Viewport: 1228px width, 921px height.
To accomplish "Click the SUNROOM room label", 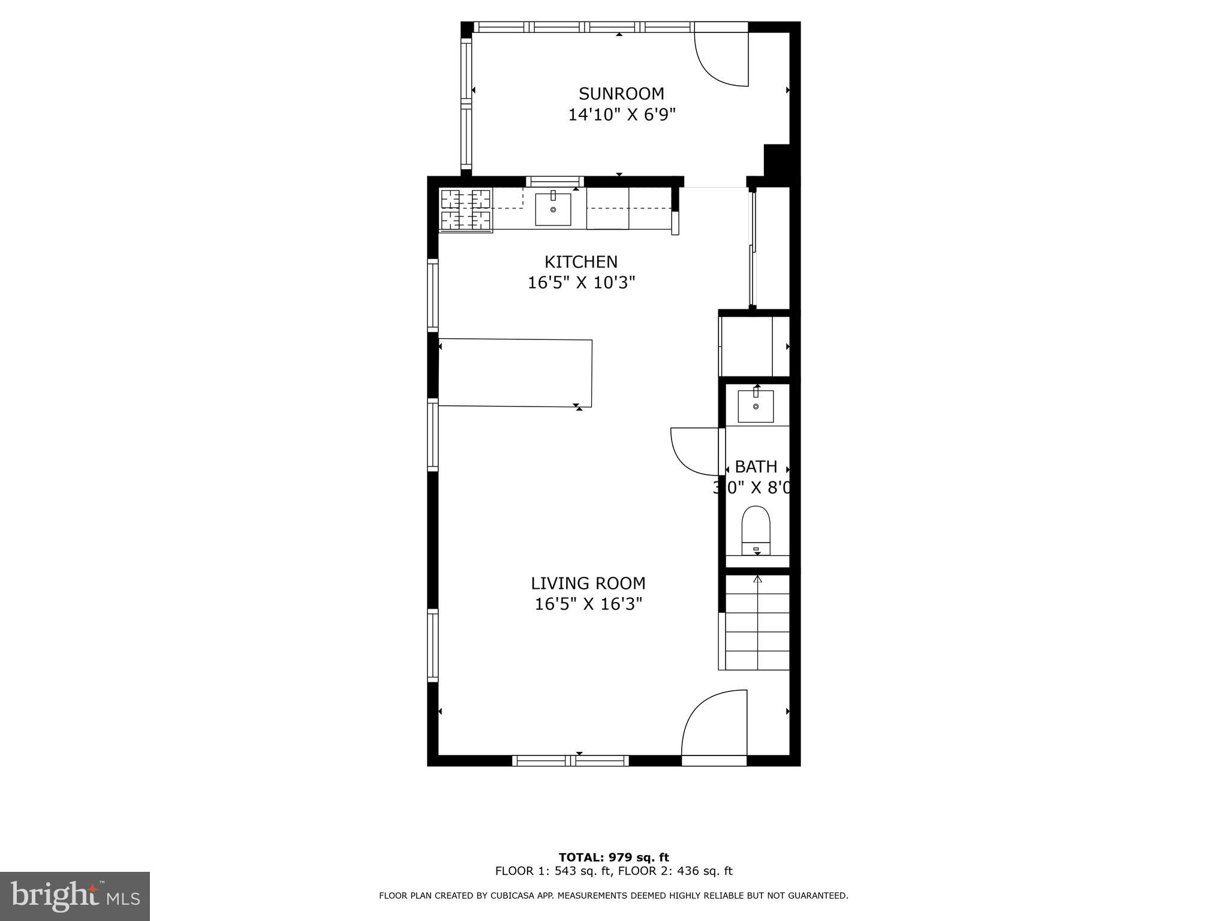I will click(x=621, y=94).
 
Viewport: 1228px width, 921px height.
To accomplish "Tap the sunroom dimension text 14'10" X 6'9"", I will click(x=621, y=115).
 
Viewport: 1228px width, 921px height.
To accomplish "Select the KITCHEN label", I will click(x=580, y=261).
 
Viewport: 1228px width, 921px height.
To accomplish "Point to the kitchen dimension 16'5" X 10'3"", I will click(x=580, y=282).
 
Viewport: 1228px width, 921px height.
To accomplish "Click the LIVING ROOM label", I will click(x=588, y=583).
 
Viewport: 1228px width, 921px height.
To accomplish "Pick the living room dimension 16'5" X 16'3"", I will click(x=588, y=604).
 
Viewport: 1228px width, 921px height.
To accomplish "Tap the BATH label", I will click(x=756, y=466).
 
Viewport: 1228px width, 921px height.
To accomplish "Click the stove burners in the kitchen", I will click(x=466, y=209).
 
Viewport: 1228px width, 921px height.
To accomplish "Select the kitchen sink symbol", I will click(x=553, y=209).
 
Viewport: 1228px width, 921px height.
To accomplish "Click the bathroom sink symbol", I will click(x=756, y=406).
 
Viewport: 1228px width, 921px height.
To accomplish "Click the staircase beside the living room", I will click(x=757, y=624).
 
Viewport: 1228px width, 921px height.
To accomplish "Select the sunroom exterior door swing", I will click(x=722, y=59).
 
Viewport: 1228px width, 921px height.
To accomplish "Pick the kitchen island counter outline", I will click(x=516, y=373).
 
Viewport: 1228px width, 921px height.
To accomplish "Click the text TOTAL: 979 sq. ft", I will click(x=613, y=857).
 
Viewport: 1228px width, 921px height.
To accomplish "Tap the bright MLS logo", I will click(x=75, y=896).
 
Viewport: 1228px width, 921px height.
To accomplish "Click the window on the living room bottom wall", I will click(x=570, y=760).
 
